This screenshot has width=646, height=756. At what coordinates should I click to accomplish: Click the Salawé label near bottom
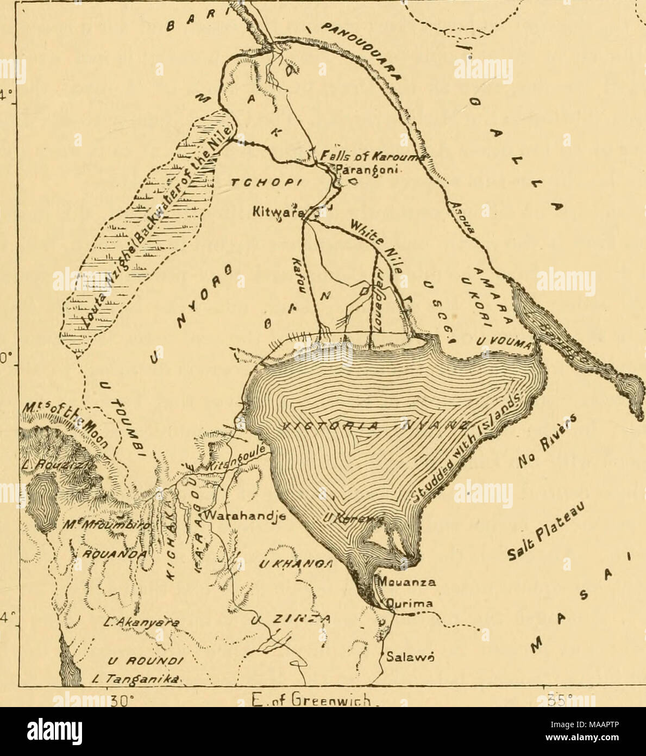point(402,657)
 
